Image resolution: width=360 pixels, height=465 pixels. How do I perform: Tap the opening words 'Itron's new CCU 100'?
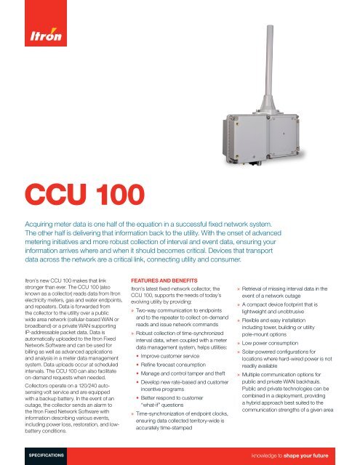click(x=53, y=257)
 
